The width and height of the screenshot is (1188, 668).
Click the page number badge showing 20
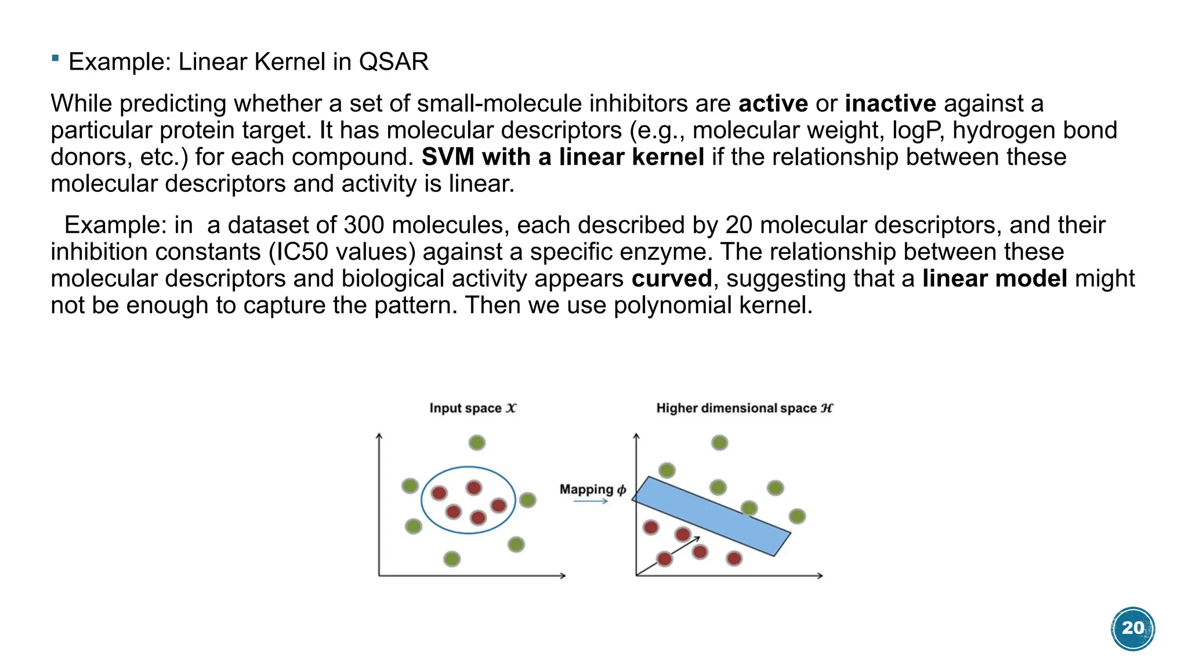coord(1132,629)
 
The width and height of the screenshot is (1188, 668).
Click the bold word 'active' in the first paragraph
coord(773,104)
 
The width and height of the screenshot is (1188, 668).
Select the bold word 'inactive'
coord(890,104)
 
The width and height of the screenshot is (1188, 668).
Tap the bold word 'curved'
coord(671,279)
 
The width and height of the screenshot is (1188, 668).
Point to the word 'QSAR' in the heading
coord(393,62)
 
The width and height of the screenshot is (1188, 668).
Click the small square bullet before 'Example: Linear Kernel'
coord(55,58)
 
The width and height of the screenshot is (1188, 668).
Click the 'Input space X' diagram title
coord(473,408)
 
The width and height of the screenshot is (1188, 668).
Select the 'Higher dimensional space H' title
coord(744,408)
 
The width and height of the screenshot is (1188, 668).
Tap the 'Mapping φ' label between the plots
coord(592,489)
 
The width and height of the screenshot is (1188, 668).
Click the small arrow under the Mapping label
coord(590,501)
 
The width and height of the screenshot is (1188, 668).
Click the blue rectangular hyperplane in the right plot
coord(711,516)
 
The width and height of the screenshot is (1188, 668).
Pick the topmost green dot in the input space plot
coord(477,443)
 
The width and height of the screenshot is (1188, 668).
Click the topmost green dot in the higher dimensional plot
coord(719,443)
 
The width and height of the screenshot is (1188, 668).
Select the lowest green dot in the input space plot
coord(452,559)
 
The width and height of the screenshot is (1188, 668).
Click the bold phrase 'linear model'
coord(994,279)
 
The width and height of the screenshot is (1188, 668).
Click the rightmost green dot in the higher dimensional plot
coord(797,516)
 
